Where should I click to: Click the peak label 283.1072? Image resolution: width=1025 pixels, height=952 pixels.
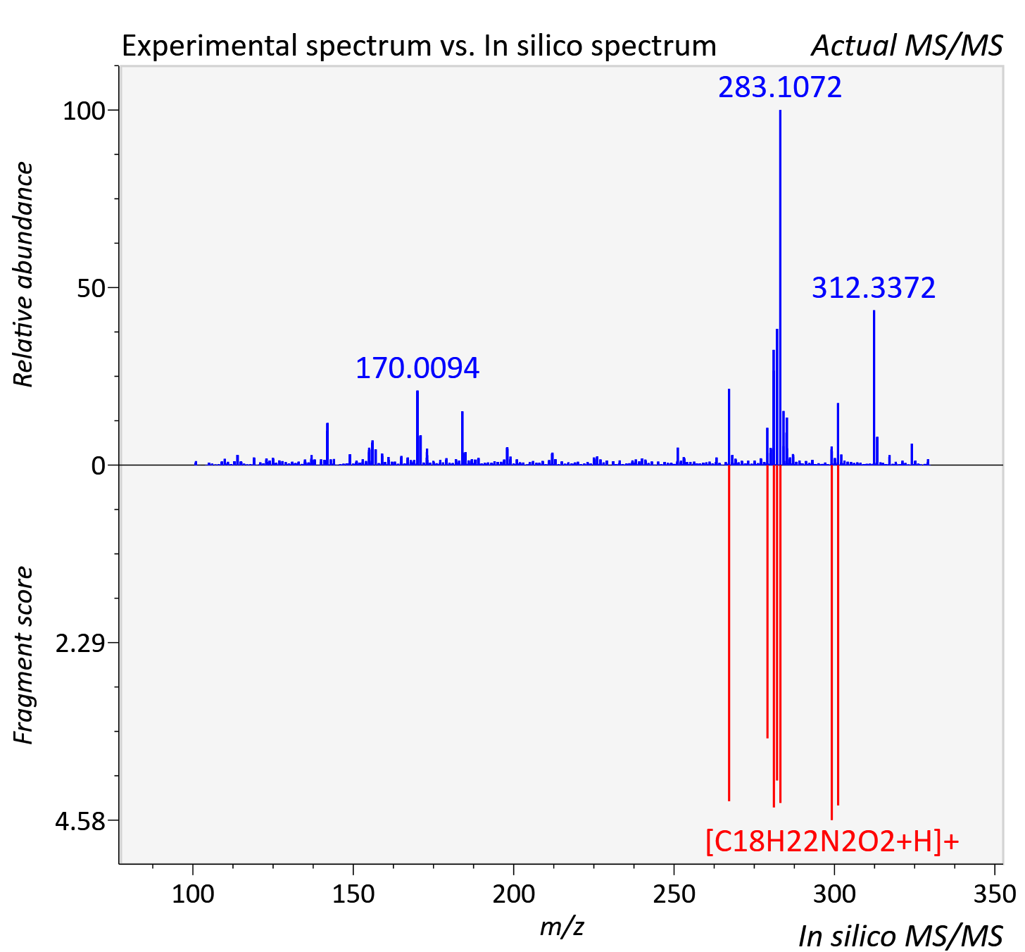(779, 87)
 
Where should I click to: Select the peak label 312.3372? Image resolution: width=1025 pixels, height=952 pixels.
(873, 287)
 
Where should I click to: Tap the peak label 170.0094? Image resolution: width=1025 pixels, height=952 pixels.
(417, 368)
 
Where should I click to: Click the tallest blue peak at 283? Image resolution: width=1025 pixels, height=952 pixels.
(780, 287)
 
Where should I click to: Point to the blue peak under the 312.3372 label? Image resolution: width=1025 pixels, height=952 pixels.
(874, 388)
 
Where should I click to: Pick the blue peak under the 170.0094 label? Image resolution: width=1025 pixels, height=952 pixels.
(417, 428)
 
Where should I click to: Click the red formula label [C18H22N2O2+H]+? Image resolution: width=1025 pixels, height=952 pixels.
(832, 842)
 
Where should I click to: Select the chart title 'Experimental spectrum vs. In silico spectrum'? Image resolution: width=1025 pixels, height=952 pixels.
(419, 46)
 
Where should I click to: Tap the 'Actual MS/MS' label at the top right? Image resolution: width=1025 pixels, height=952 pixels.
(907, 46)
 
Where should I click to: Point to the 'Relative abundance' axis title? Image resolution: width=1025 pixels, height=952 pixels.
(23, 274)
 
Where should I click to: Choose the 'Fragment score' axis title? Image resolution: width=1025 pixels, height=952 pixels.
(23, 655)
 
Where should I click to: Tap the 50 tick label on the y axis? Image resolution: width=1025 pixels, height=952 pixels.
(91, 288)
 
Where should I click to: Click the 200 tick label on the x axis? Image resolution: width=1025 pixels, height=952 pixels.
(513, 894)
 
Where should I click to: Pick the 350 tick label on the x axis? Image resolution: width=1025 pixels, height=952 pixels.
(995, 894)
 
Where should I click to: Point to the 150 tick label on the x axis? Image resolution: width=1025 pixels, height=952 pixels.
(353, 894)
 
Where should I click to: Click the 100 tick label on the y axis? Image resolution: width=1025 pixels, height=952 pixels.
(84, 111)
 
